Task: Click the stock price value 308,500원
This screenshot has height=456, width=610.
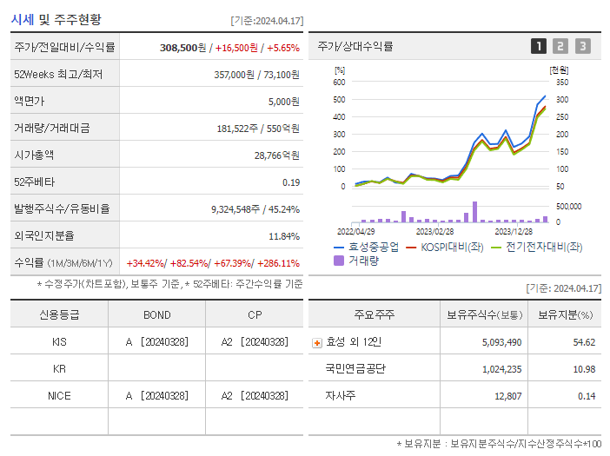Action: [183, 48]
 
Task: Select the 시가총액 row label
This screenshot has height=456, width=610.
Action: [34, 155]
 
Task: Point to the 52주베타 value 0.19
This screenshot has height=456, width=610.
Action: [291, 182]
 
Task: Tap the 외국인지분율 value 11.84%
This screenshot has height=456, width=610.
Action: [283, 236]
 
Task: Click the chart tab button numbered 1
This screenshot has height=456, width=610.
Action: [539, 47]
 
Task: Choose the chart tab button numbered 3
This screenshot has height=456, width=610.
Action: [582, 47]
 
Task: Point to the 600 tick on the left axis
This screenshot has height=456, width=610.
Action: [339, 83]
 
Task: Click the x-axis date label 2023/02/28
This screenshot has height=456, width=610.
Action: [434, 232]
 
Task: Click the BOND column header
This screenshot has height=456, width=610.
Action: [157, 315]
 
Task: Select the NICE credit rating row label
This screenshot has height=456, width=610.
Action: [59, 396]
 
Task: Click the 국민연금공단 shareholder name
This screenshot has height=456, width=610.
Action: [355, 369]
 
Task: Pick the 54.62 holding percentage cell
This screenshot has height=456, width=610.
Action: [584, 342]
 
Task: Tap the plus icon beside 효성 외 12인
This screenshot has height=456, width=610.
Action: [316, 342]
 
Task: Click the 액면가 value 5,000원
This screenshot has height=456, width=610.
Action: [283, 102]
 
